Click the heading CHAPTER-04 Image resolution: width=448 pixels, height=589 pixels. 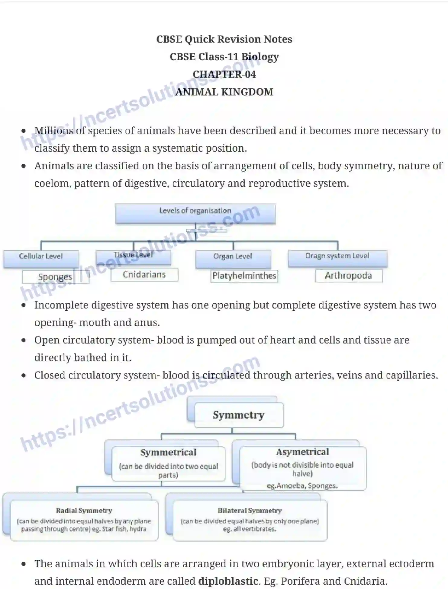[224, 74]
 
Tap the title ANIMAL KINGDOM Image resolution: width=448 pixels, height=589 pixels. [224, 92]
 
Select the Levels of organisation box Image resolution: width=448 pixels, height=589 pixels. [195, 213]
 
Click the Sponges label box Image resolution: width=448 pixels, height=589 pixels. [55, 277]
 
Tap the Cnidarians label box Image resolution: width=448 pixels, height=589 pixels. [144, 274]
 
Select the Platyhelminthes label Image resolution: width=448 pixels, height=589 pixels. [244, 276]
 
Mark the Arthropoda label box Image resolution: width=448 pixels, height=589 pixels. [349, 275]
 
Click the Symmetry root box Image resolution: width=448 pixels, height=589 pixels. [239, 415]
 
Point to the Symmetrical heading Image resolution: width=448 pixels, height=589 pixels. [168, 452]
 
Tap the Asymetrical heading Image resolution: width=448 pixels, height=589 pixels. [302, 452]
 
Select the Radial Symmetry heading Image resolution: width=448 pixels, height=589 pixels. [84, 510]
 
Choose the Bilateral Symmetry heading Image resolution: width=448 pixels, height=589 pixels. [250, 510]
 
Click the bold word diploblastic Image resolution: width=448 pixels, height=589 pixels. [228, 581]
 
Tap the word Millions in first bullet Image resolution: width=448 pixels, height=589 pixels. [54, 131]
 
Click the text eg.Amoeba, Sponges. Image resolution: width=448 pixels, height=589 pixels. [302, 486]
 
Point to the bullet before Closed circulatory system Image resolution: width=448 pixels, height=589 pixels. [24, 375]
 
